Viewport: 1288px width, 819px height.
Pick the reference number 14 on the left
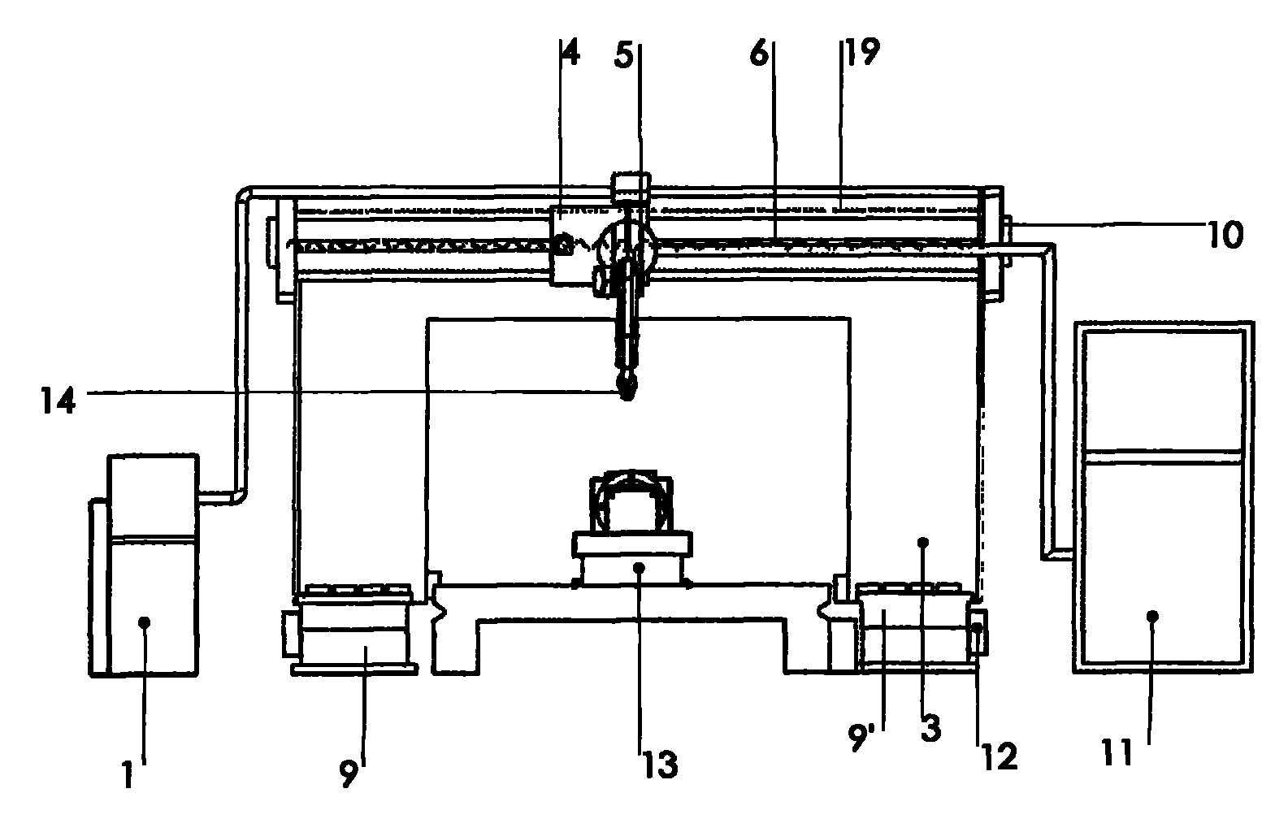click(x=59, y=401)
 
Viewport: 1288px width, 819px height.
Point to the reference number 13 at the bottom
click(x=660, y=765)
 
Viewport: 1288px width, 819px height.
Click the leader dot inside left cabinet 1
click(x=145, y=622)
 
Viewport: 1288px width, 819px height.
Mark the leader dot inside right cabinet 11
click(x=1151, y=616)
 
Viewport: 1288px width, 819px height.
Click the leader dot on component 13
click(x=640, y=566)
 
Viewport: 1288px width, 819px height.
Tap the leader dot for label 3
click(x=922, y=540)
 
